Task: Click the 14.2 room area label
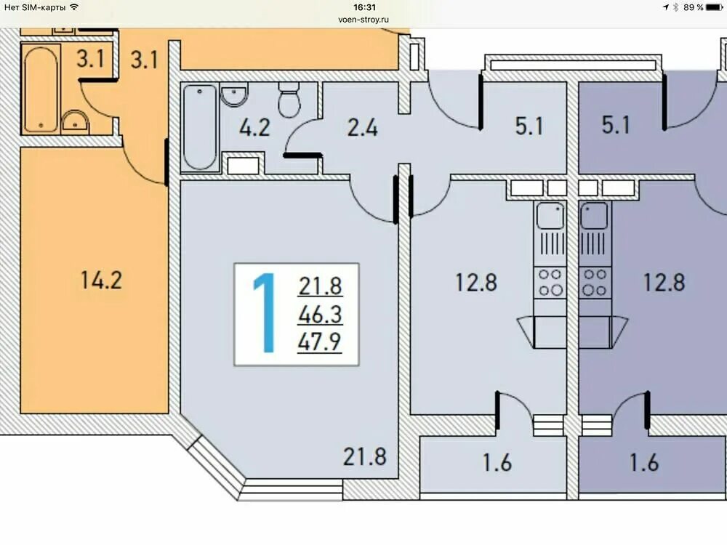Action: click(x=101, y=280)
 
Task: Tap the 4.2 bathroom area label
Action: click(x=254, y=127)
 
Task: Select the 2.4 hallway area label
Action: click(x=363, y=127)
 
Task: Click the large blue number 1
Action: click(x=265, y=312)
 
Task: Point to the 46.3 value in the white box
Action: click(x=320, y=315)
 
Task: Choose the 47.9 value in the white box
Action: click(x=320, y=342)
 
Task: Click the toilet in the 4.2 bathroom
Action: click(x=289, y=100)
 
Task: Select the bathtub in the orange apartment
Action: click(x=41, y=89)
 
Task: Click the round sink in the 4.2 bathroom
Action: click(x=234, y=95)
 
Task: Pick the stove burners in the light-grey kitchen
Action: click(x=550, y=283)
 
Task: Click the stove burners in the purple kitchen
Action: click(x=595, y=283)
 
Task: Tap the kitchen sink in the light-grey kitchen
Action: click(x=550, y=216)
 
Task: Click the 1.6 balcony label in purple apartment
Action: click(x=644, y=462)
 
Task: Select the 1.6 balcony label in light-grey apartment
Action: click(x=497, y=462)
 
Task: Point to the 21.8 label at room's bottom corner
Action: click(x=365, y=456)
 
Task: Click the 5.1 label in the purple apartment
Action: click(x=616, y=125)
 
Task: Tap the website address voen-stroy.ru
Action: click(x=363, y=20)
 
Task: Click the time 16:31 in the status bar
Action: click(x=364, y=7)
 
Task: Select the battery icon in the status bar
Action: click(x=715, y=7)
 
